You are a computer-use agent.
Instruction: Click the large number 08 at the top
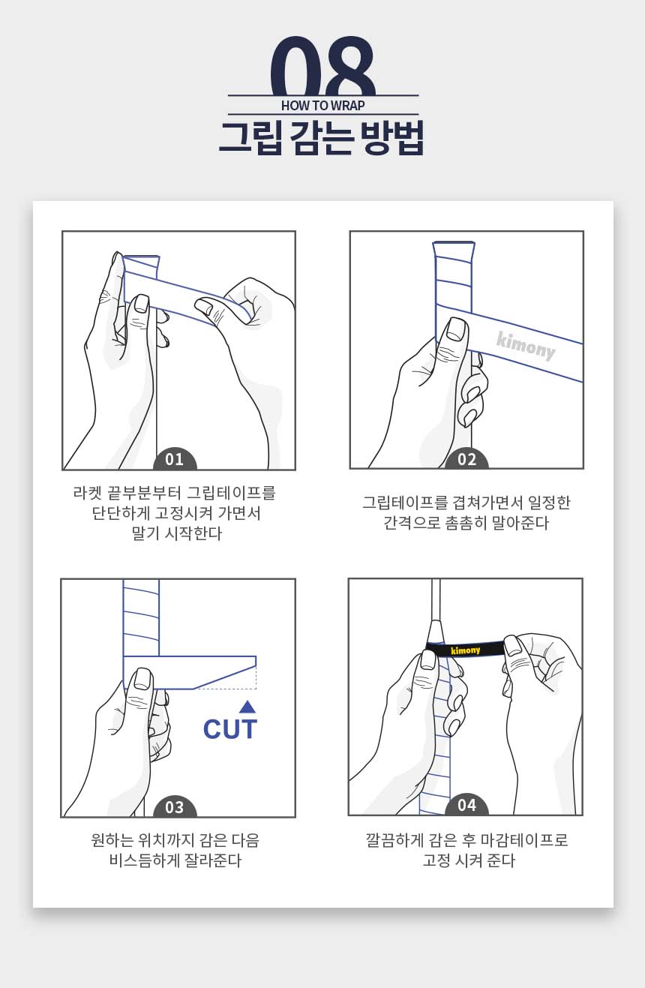pyautogui.click(x=322, y=66)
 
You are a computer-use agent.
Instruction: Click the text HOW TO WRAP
pyautogui.click(x=323, y=106)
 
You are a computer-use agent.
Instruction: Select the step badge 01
pyautogui.click(x=175, y=460)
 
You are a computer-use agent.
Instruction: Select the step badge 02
pyautogui.click(x=467, y=460)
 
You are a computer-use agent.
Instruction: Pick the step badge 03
pyautogui.click(x=175, y=807)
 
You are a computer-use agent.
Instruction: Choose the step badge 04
pyautogui.click(x=467, y=806)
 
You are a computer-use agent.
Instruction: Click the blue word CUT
pyautogui.click(x=230, y=729)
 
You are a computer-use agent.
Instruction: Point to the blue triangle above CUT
pyautogui.click(x=247, y=707)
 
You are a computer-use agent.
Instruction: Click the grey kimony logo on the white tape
pyautogui.click(x=526, y=346)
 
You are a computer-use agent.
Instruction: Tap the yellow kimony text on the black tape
pyautogui.click(x=466, y=650)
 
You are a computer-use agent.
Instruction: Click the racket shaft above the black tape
pyautogui.click(x=436, y=600)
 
